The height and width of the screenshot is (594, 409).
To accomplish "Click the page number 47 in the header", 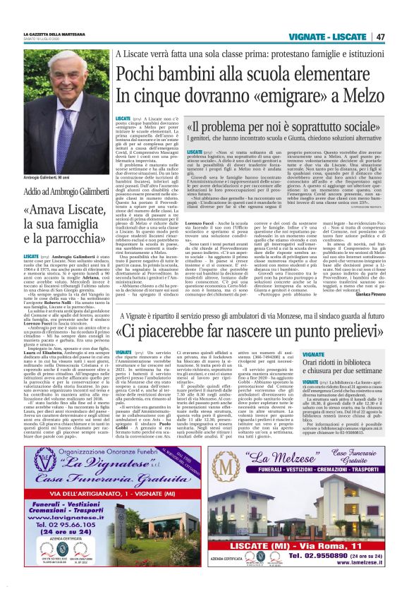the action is (x=380, y=37).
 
